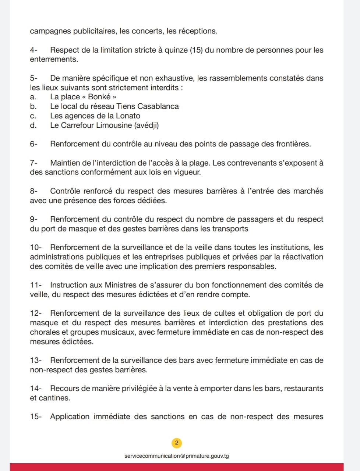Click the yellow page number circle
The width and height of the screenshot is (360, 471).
177,443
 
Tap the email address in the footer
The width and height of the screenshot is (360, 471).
177,456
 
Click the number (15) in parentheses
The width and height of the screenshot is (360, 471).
196,50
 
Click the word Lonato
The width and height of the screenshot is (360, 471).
128,116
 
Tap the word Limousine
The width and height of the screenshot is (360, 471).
114,125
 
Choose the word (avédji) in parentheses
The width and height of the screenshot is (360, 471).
147,125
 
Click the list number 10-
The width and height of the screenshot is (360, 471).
36,247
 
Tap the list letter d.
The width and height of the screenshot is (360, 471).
33,125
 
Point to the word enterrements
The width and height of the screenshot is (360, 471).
54,59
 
